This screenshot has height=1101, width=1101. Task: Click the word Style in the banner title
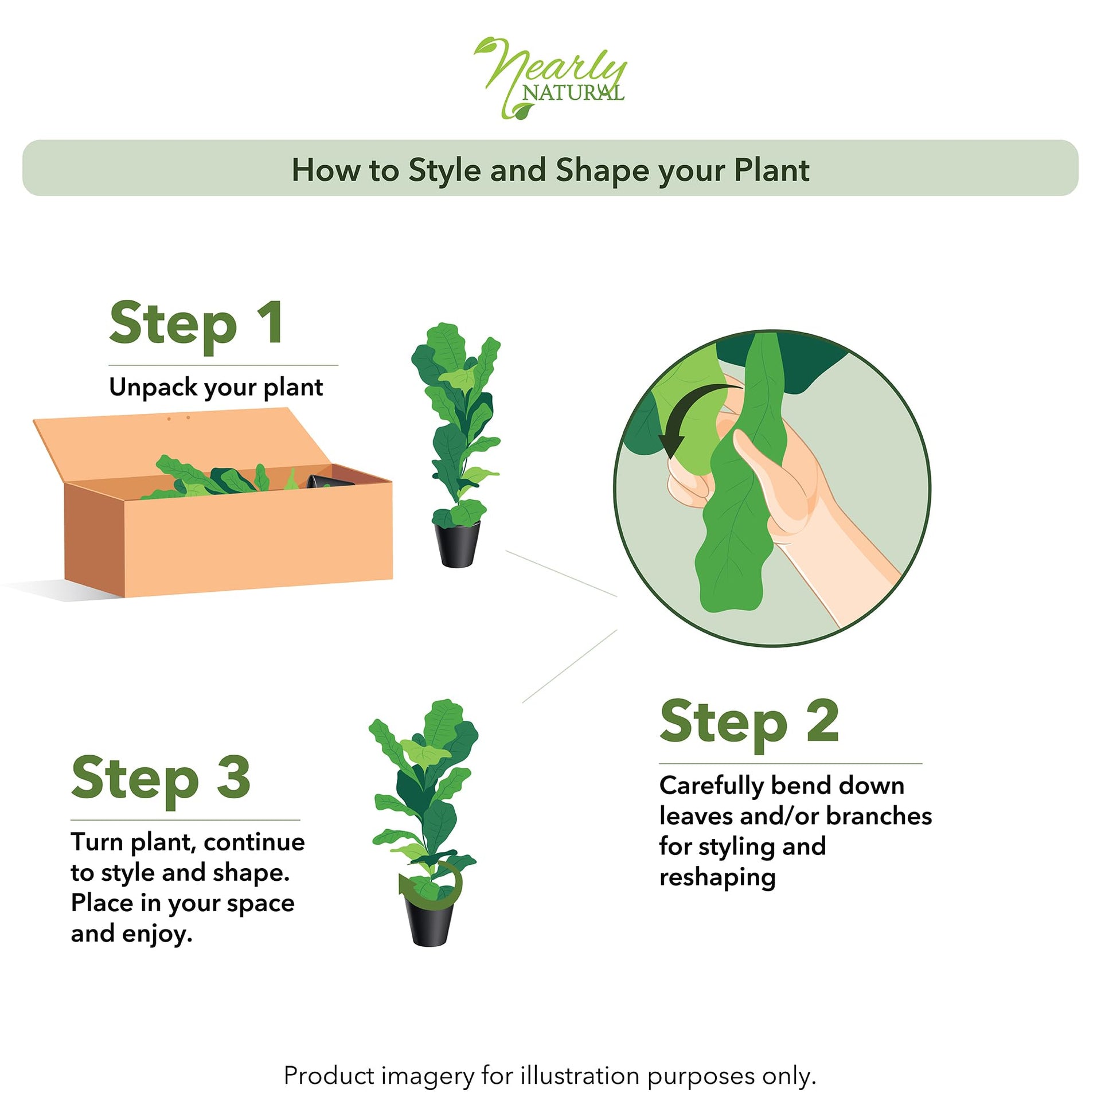pos(444,170)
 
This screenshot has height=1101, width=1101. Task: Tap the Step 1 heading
pos(196,324)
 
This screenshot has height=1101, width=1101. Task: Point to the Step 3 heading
pos(161,779)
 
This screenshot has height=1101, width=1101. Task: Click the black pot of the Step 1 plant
pos(456,543)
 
